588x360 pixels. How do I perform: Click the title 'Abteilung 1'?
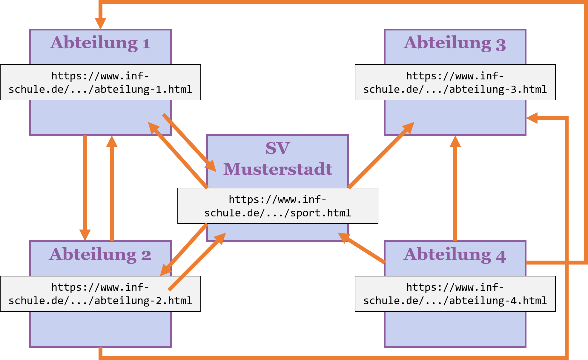coord(100,43)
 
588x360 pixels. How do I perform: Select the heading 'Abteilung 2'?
coord(100,254)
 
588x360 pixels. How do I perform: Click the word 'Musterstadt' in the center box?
coord(278,169)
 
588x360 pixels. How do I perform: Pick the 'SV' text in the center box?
coord(278,148)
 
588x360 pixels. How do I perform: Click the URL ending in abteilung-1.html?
coord(100,82)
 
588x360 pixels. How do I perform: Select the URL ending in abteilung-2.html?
coord(100,294)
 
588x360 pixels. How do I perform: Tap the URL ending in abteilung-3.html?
coord(455,82)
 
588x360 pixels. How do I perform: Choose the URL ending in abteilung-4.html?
coord(455,294)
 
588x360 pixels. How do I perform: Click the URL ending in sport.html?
coord(278,206)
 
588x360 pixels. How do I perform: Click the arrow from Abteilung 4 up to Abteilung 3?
coord(455,191)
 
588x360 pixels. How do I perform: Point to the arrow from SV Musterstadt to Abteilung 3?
coord(379,157)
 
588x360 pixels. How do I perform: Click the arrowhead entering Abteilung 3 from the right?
coord(532,118)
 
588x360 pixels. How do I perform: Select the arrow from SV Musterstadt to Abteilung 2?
coord(184,249)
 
